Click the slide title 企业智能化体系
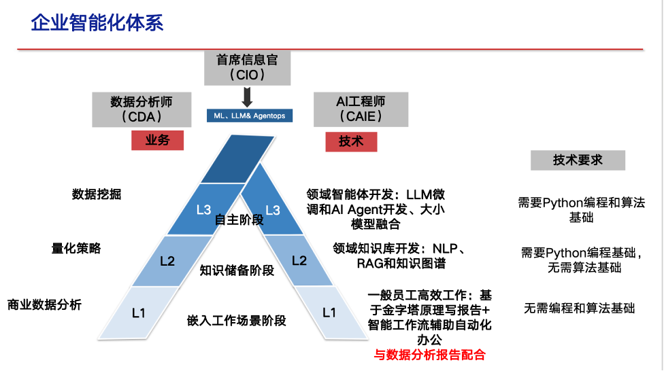tap(97, 23)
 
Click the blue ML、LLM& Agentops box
tap(250, 116)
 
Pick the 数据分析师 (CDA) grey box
tap(141, 109)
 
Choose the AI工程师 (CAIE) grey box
tap(361, 109)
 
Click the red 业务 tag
tap(157, 141)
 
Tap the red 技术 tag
tap(351, 141)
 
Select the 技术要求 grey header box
tap(578, 160)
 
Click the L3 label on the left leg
tap(203, 210)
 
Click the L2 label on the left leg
tap(167, 261)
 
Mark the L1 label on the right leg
tap(329, 313)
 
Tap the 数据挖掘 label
tap(97, 194)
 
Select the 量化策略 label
tap(76, 249)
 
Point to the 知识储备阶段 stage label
tap(237, 270)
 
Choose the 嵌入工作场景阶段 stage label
tap(237, 321)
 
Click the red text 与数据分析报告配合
tap(429, 355)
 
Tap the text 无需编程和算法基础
tap(579, 308)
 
